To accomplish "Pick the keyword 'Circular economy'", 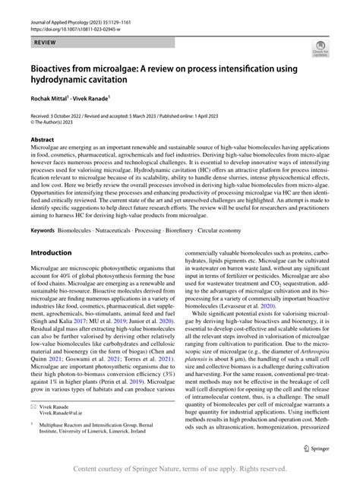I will coord(242,229).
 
